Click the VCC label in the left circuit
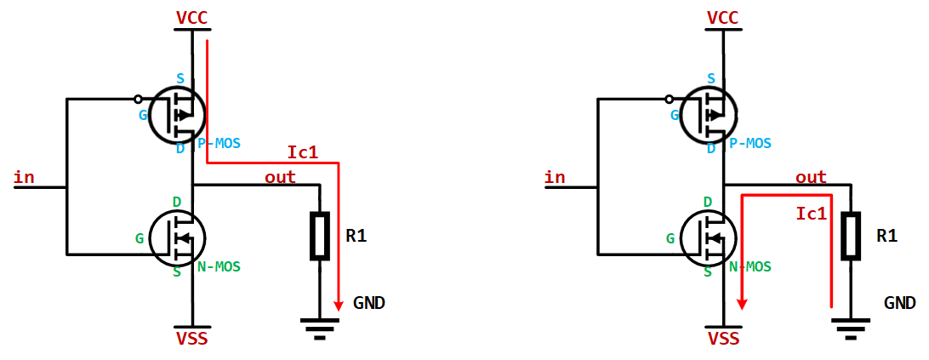191,18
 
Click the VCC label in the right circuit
723,18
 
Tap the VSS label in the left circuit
191,340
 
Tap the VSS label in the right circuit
723,340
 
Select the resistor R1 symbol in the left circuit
319,236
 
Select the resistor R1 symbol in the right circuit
851,236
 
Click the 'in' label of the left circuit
25,177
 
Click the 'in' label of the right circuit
555,177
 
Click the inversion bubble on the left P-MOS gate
138,99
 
